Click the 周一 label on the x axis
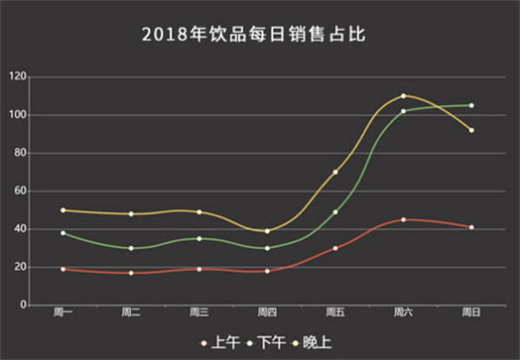63,312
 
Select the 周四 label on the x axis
267,312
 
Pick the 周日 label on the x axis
471,312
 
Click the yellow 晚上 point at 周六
403,95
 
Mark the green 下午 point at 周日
471,105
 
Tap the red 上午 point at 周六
403,219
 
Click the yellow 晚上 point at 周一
63,210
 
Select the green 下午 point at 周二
131,248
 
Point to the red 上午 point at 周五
335,248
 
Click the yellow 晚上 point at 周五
335,172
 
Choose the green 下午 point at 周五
335,212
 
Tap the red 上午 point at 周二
131,273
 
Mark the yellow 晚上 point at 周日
471,130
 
